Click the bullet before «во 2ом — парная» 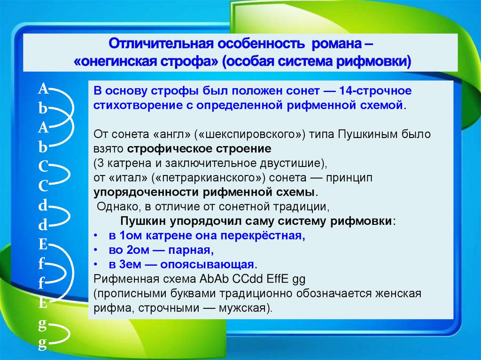(x=95, y=250)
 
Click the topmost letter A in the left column (x=43, y=88)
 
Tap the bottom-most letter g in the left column (x=43, y=345)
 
